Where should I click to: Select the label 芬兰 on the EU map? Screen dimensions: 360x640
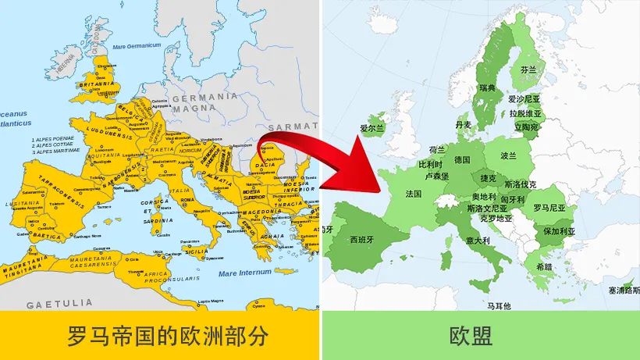tap(528, 70)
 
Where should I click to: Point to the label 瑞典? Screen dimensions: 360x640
tap(488, 87)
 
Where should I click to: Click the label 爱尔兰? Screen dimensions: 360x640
tap(372, 128)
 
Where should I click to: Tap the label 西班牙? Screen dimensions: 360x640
tap(363, 239)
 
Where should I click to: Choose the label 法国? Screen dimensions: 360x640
tap(414, 194)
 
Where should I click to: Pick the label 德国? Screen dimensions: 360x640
tap(462, 159)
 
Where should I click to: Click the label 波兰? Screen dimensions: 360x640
tap(509, 155)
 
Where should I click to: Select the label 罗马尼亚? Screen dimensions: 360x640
tap(549, 208)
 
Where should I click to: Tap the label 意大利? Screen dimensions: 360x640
tap(478, 241)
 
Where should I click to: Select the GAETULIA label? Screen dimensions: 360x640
tap(59, 304)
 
